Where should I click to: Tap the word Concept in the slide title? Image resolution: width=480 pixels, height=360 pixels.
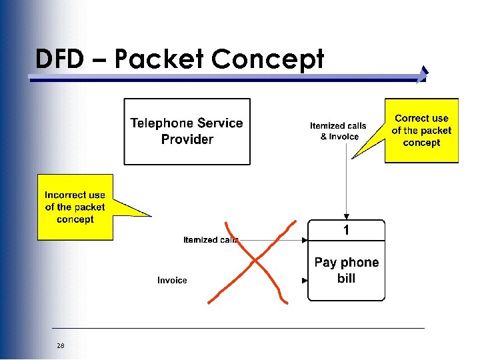tap(267, 59)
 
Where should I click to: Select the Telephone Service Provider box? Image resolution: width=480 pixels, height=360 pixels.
tap(187, 131)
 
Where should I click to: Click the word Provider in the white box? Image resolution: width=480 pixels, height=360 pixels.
tap(187, 139)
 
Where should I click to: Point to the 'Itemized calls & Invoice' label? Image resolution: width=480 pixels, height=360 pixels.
tap(339, 131)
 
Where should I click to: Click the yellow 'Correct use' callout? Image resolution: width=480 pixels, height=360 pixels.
tap(421, 131)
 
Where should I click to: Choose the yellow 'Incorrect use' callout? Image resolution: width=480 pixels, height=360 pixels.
tap(75, 207)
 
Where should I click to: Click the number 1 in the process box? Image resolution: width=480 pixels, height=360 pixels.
tap(346, 231)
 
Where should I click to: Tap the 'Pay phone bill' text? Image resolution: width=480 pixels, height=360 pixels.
tap(346, 270)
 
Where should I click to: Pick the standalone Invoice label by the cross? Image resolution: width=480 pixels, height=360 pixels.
tap(172, 281)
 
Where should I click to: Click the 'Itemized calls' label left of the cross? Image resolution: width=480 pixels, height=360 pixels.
tap(209, 240)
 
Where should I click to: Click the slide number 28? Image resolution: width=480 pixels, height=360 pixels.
tap(61, 345)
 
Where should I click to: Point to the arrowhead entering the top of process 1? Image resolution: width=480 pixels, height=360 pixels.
tap(346, 216)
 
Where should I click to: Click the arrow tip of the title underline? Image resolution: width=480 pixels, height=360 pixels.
tap(425, 75)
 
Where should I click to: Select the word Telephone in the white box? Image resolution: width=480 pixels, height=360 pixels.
tap(158, 123)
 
